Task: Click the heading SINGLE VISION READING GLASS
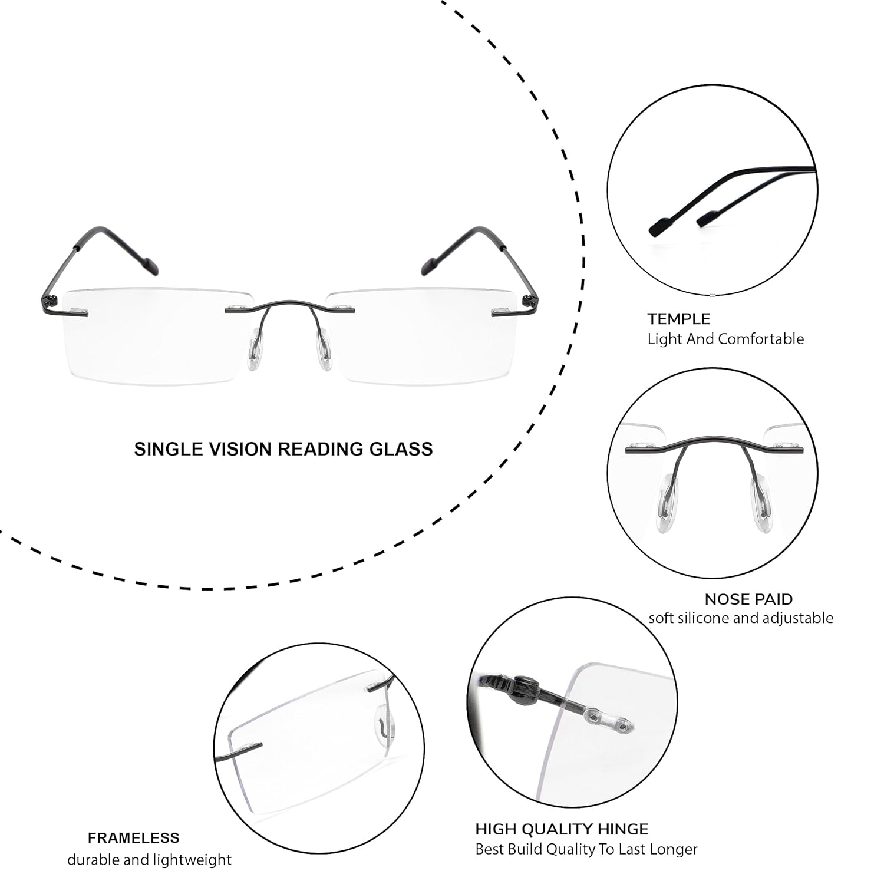tap(283, 449)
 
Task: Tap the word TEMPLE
tap(678, 319)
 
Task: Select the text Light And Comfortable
tap(725, 339)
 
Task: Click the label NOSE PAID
tap(748, 599)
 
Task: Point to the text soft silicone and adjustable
tap(741, 618)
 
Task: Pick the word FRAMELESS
tap(134, 837)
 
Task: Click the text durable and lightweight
tap(149, 860)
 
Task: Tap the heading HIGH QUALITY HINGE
tap(562, 829)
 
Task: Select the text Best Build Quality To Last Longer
tap(586, 849)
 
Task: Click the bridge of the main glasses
tap(289, 305)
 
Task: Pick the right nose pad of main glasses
tap(325, 352)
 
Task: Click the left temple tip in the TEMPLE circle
tap(660, 226)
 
